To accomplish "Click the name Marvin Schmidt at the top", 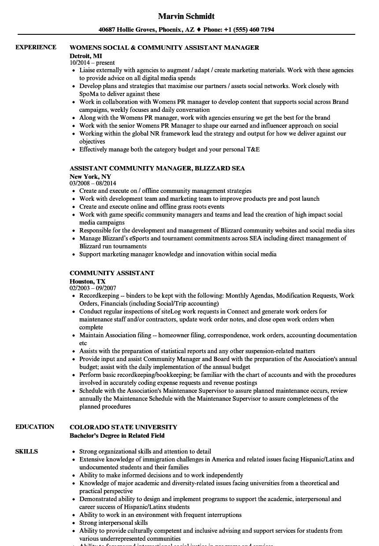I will (186, 16).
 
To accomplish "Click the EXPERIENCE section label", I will (36, 47).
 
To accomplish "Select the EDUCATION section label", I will (35, 427).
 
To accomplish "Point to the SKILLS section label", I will (26, 451).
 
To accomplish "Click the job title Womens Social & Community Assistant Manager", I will (164, 48).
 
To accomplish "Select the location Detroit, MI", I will (86, 55).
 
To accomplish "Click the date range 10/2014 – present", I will (92, 63).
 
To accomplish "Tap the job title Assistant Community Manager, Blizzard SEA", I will (157, 168).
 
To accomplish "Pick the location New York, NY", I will (90, 176).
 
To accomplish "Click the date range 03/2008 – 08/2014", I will (93, 183).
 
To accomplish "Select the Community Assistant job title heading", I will (112, 273).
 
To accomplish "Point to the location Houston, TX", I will (88, 281).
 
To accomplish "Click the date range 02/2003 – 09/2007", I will (93, 288).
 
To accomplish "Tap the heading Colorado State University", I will (123, 427).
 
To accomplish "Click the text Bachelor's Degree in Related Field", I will (117, 435).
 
